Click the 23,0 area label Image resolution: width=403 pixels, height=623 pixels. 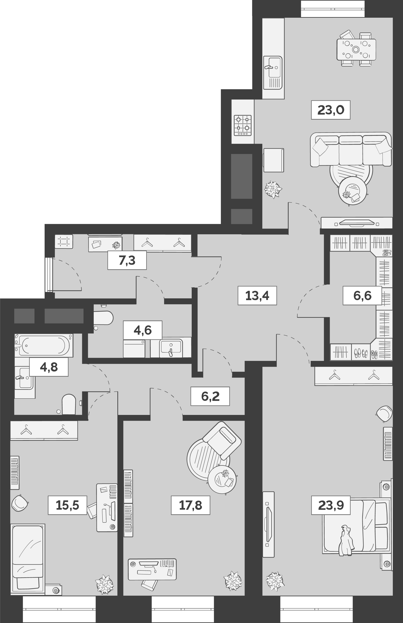pyautogui.click(x=331, y=110)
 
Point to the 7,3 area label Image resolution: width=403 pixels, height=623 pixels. pyautogui.click(x=127, y=261)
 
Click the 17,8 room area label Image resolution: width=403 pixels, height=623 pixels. pyautogui.click(x=191, y=505)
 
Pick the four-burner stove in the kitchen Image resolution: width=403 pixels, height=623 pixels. pyautogui.click(x=242, y=125)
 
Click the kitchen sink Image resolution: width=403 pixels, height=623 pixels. pyautogui.click(x=273, y=69)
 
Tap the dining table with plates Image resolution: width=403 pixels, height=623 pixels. pyautogui.click(x=356, y=50)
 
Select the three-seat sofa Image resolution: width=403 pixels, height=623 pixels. pyautogui.click(x=351, y=150)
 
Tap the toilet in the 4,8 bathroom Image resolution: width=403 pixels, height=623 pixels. pyautogui.click(x=69, y=404)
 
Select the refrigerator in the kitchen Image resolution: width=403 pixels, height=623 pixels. pyautogui.click(x=273, y=160)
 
